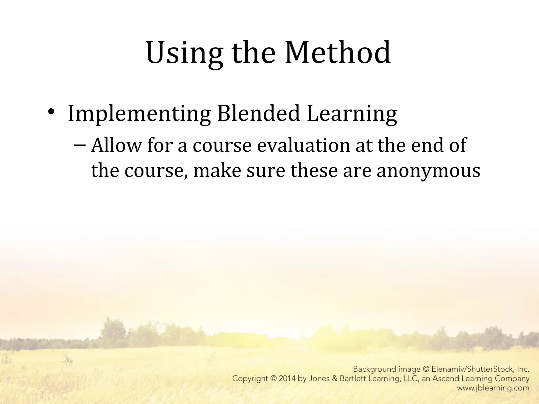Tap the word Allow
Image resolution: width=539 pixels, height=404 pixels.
point(116,145)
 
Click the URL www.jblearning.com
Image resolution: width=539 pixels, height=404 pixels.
point(493,388)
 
